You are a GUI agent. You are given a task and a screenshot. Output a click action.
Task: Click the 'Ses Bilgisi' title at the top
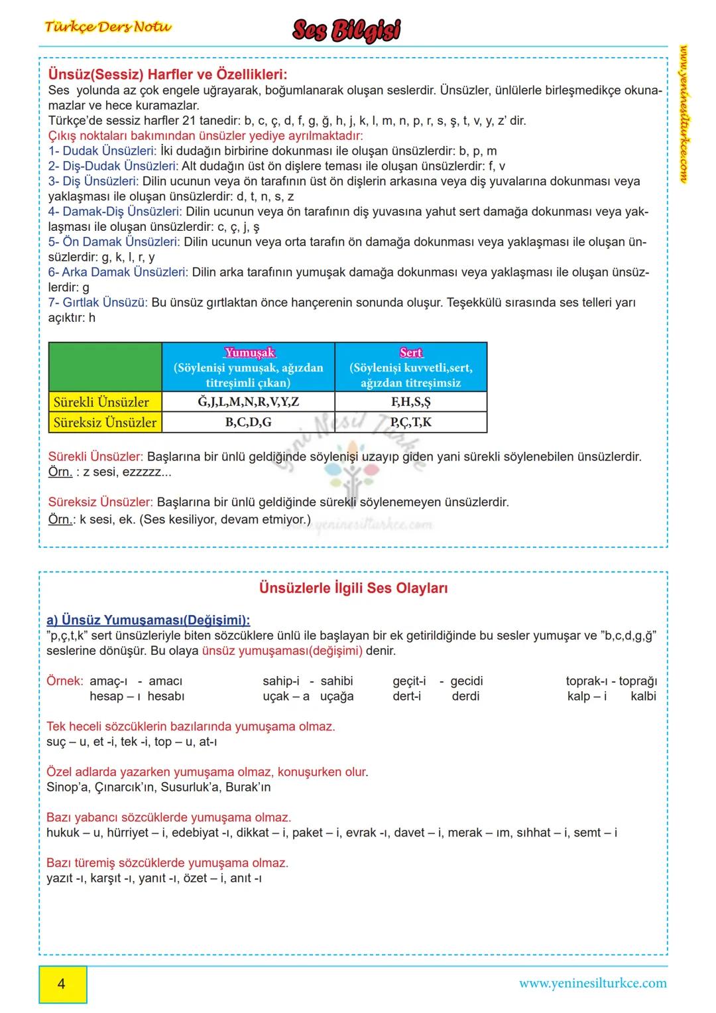[347, 31]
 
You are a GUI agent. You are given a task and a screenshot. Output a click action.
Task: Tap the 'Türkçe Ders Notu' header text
[108, 27]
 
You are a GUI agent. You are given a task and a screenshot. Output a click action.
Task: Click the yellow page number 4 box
[62, 983]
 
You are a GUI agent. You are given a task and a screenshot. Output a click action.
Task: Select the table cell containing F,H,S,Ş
[410, 401]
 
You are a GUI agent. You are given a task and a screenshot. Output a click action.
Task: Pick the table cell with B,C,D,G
[248, 422]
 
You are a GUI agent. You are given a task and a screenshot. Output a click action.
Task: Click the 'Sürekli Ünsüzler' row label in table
[101, 402]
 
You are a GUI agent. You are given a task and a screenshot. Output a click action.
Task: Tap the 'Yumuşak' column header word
[249, 352]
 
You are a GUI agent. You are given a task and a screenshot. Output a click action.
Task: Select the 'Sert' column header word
[410, 352]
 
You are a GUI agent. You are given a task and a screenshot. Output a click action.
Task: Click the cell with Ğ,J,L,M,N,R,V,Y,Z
[248, 401]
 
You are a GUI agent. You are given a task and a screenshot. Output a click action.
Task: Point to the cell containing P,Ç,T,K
[410, 422]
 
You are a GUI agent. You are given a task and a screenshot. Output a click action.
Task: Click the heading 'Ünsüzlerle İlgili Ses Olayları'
[353, 588]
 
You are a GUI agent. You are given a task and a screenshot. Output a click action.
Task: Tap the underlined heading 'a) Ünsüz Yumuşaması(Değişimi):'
[149, 620]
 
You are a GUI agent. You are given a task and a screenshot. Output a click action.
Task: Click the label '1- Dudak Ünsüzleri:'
[103, 151]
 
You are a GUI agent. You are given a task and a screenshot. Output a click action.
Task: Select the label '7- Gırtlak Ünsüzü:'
[97, 303]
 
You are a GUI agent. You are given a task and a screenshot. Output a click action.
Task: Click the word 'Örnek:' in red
[65, 681]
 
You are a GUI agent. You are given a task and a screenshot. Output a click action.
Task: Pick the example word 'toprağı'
[638, 681]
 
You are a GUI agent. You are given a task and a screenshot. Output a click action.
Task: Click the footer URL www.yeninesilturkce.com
[593, 983]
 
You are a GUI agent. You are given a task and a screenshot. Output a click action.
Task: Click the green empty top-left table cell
[105, 366]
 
